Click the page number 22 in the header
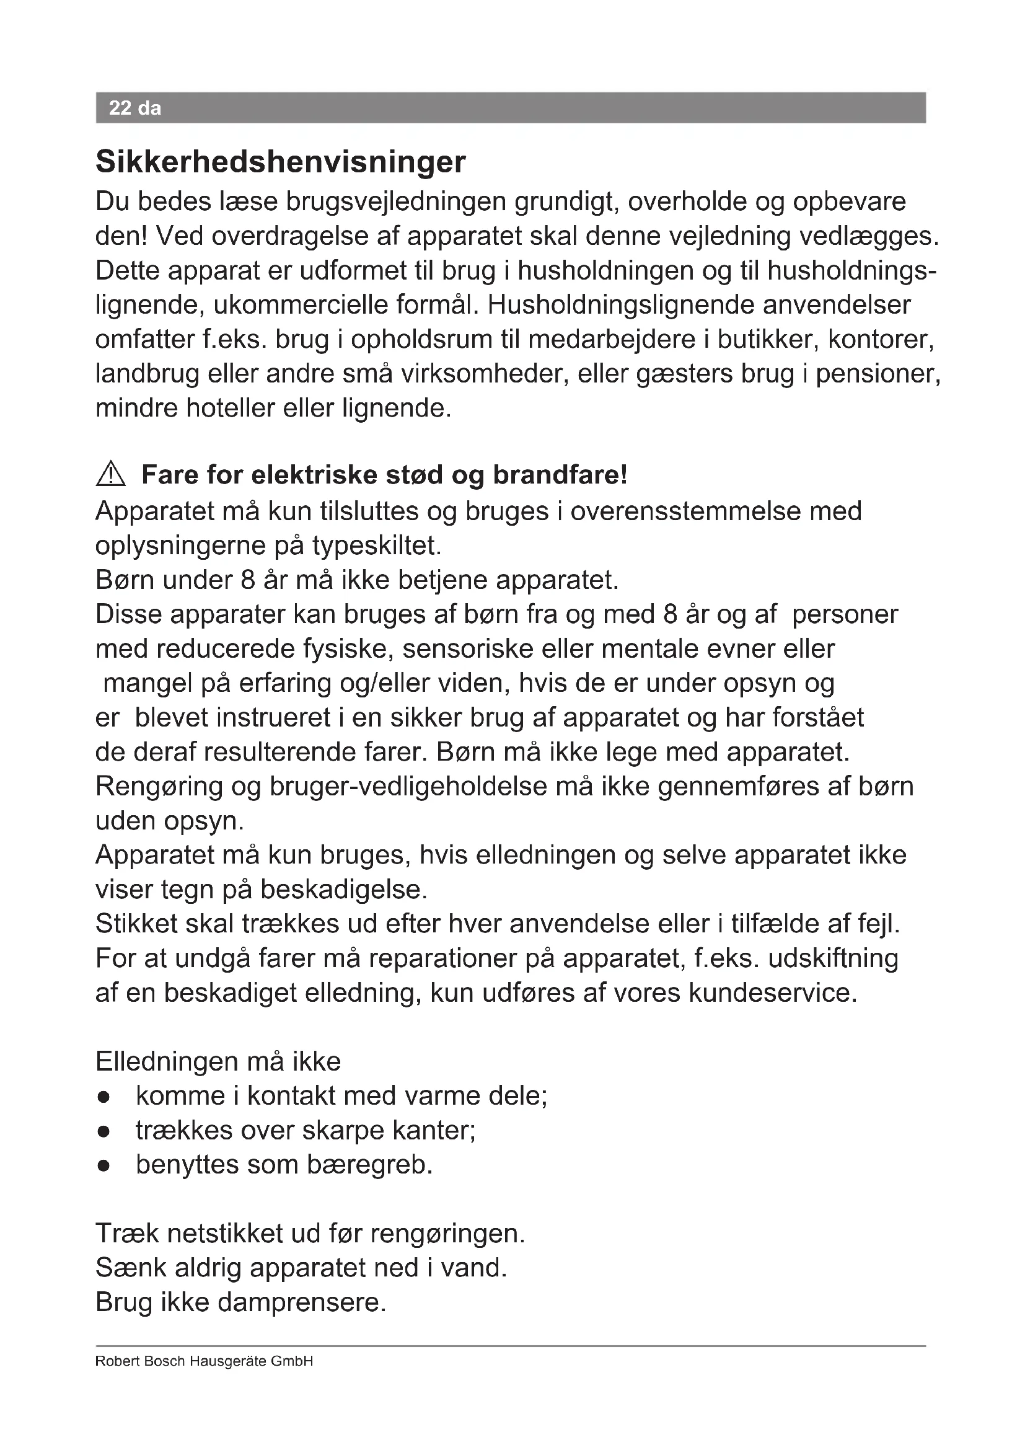click(x=119, y=108)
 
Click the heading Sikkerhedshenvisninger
click(x=280, y=162)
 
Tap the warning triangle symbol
click(x=111, y=474)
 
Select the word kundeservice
click(x=773, y=992)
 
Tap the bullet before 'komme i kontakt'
click(x=104, y=1097)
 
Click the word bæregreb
click(x=369, y=1165)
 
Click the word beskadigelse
click(x=344, y=890)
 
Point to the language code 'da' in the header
click(x=149, y=108)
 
